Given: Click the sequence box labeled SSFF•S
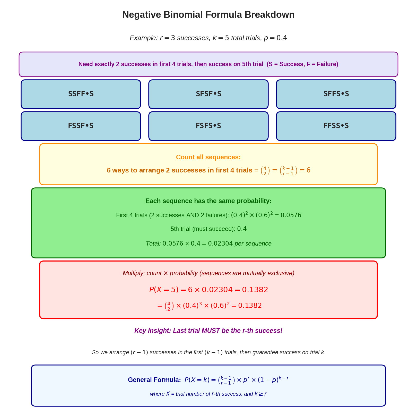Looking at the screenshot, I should coord(81,94).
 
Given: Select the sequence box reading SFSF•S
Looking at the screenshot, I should coord(208,94).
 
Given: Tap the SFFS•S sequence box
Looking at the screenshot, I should coord(336,94).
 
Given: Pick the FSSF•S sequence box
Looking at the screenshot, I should coord(81,126).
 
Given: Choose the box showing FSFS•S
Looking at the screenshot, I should coord(208,126).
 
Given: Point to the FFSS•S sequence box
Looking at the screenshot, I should coord(336,126).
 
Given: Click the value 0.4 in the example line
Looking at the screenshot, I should coord(282,38).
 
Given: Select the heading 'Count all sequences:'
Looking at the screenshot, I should coord(208,157).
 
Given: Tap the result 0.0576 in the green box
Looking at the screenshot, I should coord(291,215).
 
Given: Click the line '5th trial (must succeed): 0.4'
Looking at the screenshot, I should coord(208,229).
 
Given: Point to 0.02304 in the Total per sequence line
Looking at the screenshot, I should coord(220,244).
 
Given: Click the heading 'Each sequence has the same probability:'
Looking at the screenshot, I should coord(208,201).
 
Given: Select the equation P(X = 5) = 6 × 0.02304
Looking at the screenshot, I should coord(208,290).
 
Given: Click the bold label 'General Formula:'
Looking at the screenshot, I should coord(154,380).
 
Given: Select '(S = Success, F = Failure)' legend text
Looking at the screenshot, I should coord(302,64).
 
